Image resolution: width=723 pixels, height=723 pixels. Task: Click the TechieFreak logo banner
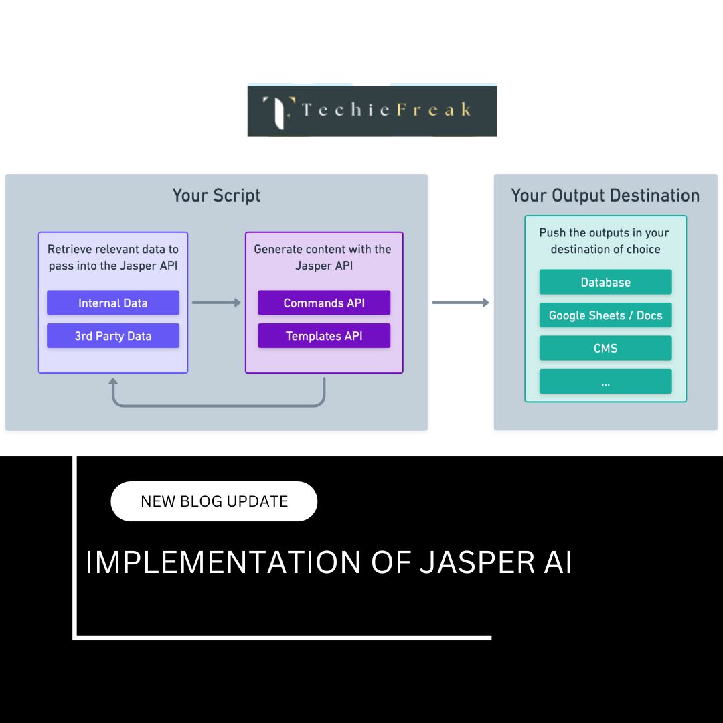[372, 110]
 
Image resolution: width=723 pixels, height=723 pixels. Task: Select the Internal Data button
[113, 303]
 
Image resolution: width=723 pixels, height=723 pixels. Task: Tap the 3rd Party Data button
[113, 335]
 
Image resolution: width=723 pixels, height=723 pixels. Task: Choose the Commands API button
[324, 303]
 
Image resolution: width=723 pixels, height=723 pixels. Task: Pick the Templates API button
[324, 335]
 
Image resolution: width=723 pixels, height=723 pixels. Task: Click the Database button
[605, 282]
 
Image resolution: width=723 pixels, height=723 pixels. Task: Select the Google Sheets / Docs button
[605, 315]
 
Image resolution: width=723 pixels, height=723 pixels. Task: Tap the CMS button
[605, 348]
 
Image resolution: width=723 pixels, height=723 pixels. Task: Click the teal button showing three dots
[605, 382]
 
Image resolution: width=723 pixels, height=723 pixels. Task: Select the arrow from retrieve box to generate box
[216, 303]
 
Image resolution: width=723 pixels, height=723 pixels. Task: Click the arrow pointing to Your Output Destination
[460, 303]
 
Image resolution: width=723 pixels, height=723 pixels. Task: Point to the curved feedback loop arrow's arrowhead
[113, 382]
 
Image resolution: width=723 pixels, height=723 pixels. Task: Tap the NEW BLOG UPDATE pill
[214, 501]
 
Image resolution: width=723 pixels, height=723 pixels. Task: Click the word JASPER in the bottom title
[478, 562]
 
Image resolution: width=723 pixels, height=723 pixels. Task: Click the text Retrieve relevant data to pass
[113, 257]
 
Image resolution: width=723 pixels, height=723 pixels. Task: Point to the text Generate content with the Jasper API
[323, 257]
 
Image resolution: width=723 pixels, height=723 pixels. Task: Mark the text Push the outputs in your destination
[605, 241]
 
